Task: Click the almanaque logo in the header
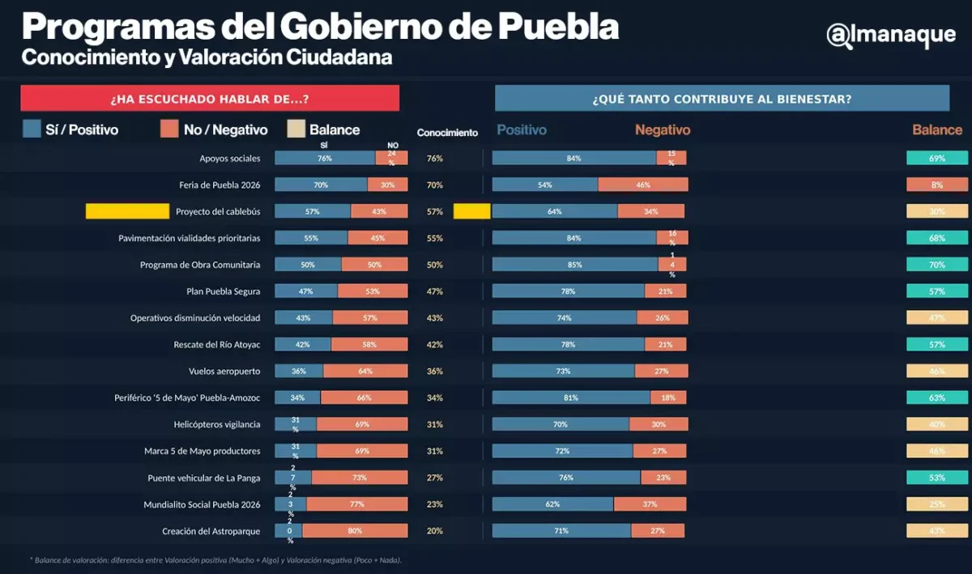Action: pos(890,35)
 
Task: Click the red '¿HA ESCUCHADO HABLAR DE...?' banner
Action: pos(210,99)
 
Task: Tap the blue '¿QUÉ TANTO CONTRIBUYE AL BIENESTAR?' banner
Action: pos(722,99)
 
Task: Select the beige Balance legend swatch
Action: pos(296,130)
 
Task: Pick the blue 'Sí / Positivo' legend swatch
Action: pos(32,130)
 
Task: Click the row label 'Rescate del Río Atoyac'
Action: pos(216,344)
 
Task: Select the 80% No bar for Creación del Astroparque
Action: pos(355,531)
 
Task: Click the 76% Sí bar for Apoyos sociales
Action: pos(325,158)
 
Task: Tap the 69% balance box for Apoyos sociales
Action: pos(937,158)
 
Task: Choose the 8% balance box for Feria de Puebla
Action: pos(937,185)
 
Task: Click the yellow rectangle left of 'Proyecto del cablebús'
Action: pos(126,211)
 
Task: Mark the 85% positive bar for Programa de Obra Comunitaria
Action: pos(574,264)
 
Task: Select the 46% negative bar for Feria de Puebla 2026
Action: pos(643,185)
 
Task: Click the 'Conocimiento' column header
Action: pos(447,133)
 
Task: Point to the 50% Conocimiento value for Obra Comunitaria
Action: pos(434,265)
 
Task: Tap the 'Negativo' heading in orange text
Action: pos(662,130)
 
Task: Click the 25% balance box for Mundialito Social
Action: pos(937,504)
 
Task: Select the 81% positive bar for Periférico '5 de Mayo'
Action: pos(571,398)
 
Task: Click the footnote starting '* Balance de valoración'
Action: pos(215,559)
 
